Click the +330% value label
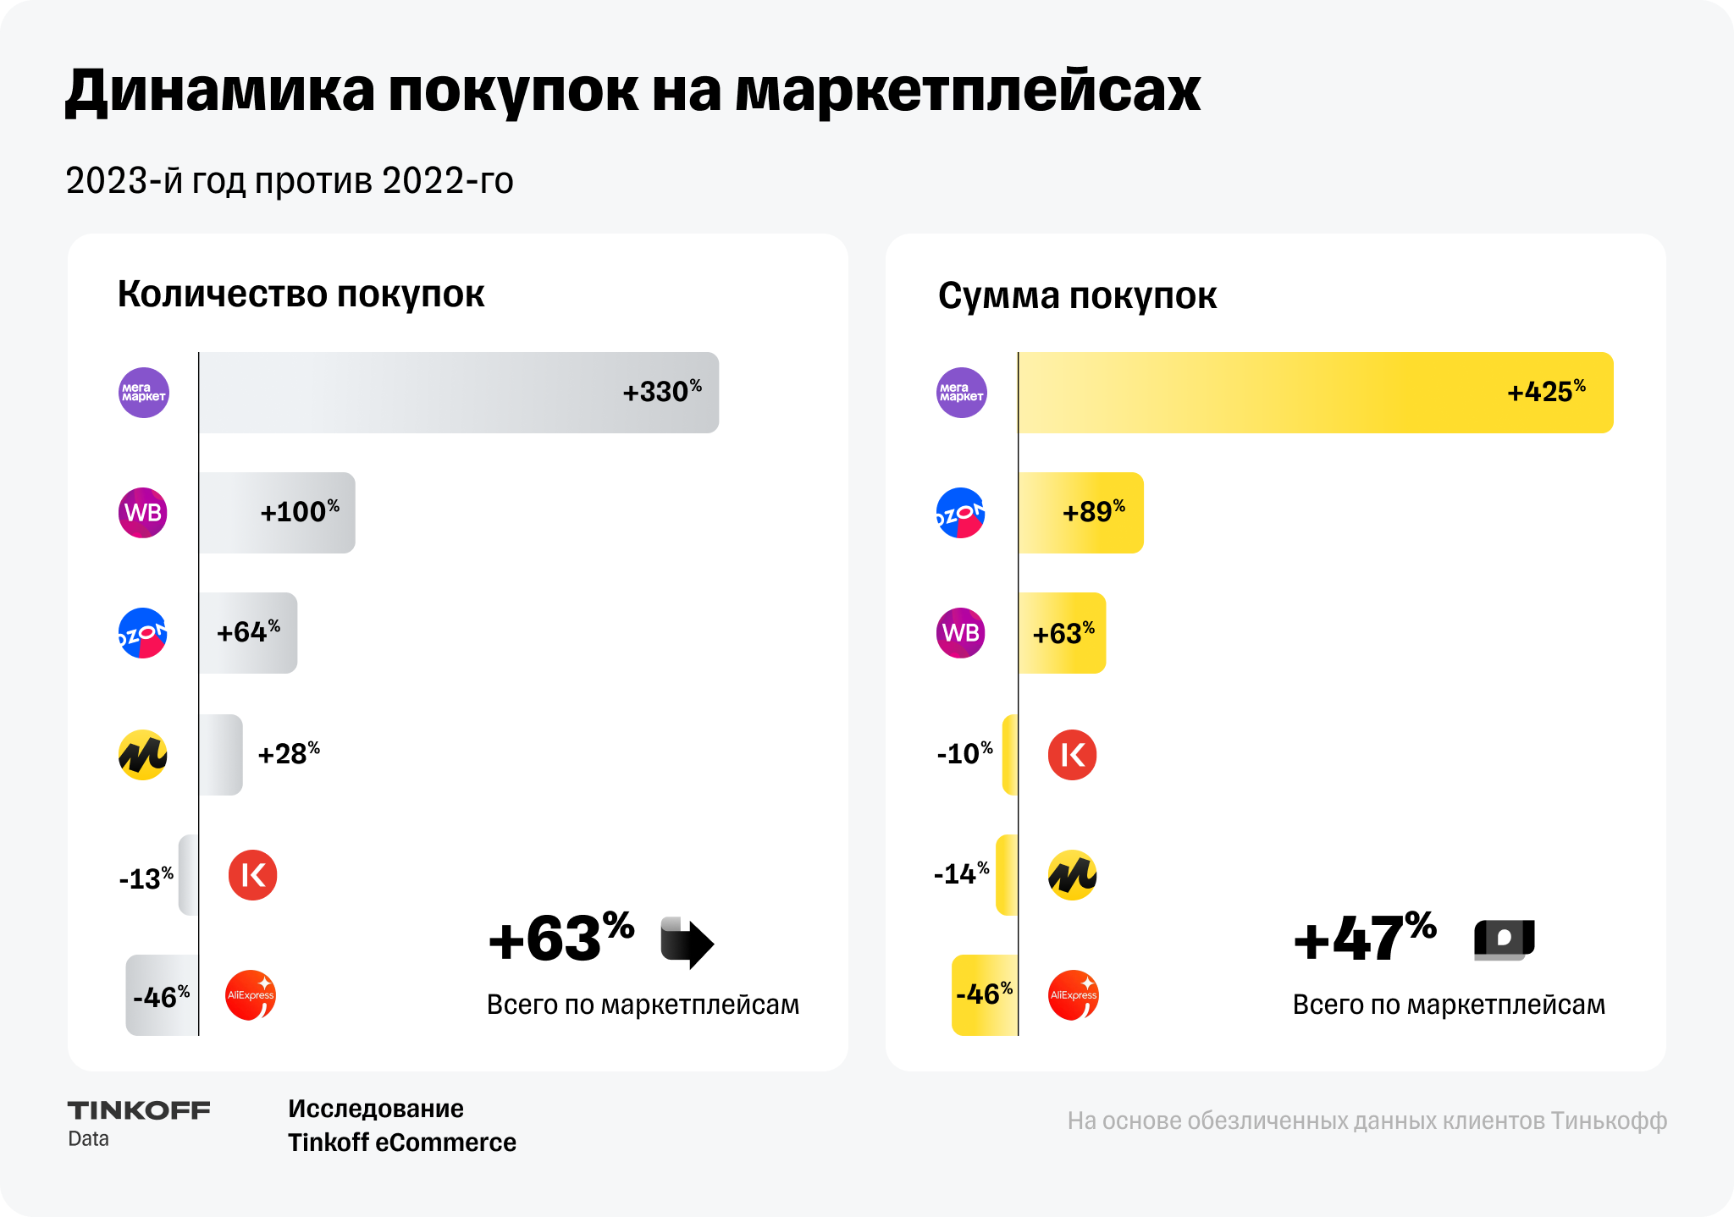pyautogui.click(x=662, y=392)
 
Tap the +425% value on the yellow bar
pyautogui.click(x=1546, y=392)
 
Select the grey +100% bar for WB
pyautogui.click(x=277, y=513)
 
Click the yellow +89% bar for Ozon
pyautogui.click(x=1080, y=513)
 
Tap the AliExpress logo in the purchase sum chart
pyautogui.click(x=1073, y=995)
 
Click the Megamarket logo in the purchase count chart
pyautogui.click(x=144, y=393)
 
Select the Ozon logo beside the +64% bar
pyautogui.click(x=143, y=633)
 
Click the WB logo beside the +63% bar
pyautogui.click(x=961, y=633)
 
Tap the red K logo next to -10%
pyautogui.click(x=1073, y=755)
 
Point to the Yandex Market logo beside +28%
pyautogui.click(x=143, y=755)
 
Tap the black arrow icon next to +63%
pyautogui.click(x=687, y=942)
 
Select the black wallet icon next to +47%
pyautogui.click(x=1505, y=939)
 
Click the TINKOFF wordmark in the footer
pyautogui.click(x=139, y=1110)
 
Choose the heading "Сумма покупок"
pyautogui.click(x=1077, y=296)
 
